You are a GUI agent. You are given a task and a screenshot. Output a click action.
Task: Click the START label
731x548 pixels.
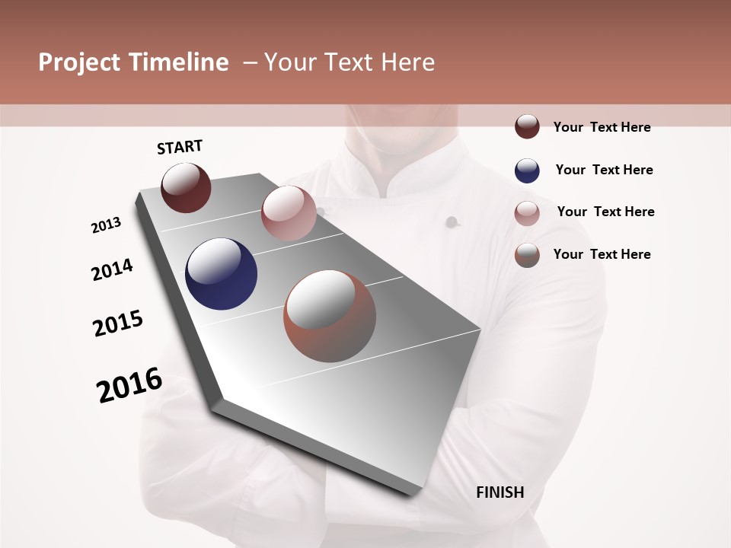click(x=180, y=146)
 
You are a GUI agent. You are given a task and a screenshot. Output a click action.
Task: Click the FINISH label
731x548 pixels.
click(x=500, y=492)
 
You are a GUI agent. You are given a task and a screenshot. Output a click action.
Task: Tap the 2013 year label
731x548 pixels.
click(x=106, y=225)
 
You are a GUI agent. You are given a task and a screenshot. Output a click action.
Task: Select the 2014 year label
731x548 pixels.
click(x=112, y=270)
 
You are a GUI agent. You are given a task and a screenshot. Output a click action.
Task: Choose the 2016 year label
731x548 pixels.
click(x=129, y=384)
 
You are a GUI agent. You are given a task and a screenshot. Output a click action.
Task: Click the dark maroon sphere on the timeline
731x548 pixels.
click(x=187, y=187)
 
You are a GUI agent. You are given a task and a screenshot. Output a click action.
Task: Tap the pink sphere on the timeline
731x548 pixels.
click(x=289, y=213)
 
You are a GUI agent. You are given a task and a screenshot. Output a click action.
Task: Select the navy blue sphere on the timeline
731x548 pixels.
click(x=221, y=274)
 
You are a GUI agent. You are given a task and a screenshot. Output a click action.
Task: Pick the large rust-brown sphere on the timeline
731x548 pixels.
click(x=330, y=316)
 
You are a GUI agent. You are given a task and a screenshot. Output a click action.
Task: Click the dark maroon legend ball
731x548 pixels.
click(x=527, y=127)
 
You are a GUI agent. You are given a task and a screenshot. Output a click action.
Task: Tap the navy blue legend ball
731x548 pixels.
click(x=527, y=170)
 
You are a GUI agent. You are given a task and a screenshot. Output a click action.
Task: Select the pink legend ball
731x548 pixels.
click(x=527, y=212)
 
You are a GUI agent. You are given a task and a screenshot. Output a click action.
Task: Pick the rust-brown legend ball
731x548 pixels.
click(x=527, y=255)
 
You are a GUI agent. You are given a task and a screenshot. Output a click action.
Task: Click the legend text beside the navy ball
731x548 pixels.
click(x=604, y=170)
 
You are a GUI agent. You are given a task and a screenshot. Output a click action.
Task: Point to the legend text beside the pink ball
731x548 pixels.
click(x=605, y=212)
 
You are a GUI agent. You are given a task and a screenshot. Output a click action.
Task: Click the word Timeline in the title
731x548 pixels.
click(x=179, y=62)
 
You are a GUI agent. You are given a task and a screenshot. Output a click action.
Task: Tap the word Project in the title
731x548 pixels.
click(x=80, y=62)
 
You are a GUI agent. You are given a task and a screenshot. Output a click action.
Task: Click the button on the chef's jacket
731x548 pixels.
click(x=452, y=222)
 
